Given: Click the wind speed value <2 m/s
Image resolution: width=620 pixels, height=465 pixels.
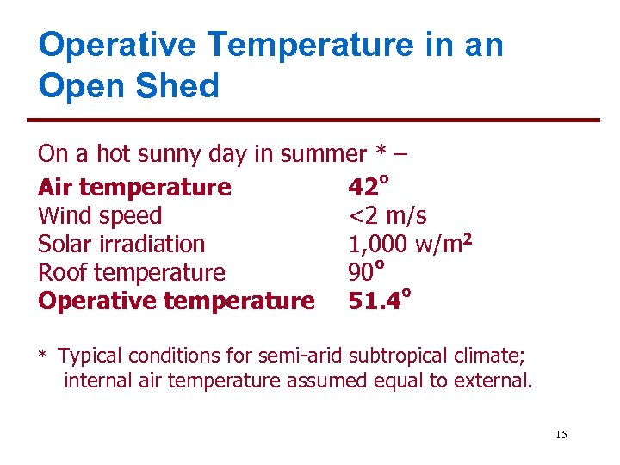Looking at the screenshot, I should tap(387, 215).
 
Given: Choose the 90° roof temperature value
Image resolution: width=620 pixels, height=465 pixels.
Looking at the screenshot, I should tap(365, 272).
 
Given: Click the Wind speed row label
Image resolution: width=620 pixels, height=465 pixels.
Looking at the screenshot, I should tap(100, 215).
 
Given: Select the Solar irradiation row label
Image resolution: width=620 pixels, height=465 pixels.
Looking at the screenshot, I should tap(121, 244).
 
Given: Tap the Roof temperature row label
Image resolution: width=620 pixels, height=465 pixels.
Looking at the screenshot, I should tap(132, 272).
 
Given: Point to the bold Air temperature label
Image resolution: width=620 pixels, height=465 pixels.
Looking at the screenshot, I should tap(134, 187).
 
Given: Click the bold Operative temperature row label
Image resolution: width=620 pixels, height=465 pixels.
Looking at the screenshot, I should tap(177, 301).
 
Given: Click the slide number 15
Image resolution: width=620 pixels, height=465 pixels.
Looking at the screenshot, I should tap(561, 434).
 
